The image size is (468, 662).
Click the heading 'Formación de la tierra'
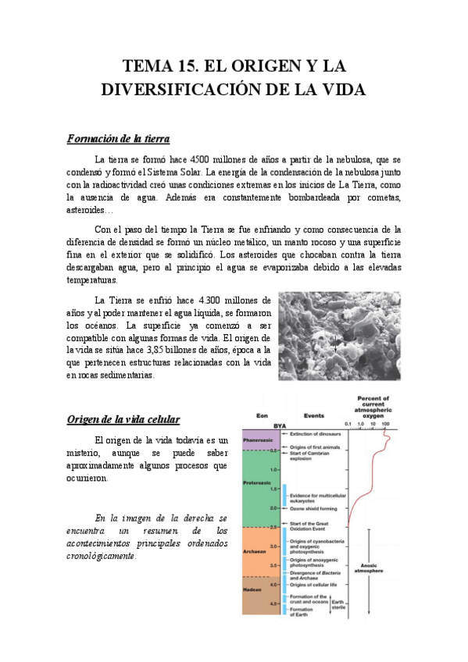[118, 139]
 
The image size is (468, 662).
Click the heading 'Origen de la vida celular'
[123, 419]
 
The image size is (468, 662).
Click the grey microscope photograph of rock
[339, 336]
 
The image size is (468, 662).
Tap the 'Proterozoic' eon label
[256, 484]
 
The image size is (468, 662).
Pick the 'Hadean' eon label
[253, 589]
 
